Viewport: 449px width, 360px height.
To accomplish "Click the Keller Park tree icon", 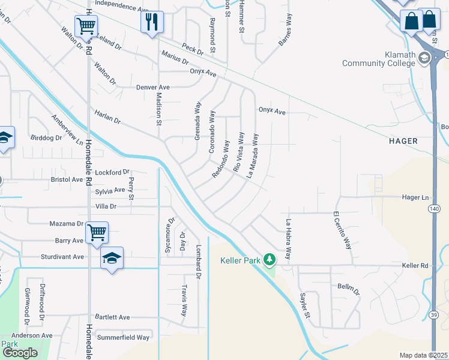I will (270, 259).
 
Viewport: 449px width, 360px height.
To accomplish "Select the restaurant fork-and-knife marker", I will (152, 22).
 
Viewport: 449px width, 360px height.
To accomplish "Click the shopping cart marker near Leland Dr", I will (86, 26).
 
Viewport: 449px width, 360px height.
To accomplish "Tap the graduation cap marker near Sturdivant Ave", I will (112, 259).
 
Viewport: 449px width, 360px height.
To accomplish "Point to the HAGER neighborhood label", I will (403, 141).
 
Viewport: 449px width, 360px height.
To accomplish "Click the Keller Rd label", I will (415, 265).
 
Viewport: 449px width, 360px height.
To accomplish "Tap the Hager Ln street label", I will (417, 197).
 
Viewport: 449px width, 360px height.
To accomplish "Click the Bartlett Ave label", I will (112, 317).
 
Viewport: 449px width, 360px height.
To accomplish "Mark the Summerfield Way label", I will (123, 337).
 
